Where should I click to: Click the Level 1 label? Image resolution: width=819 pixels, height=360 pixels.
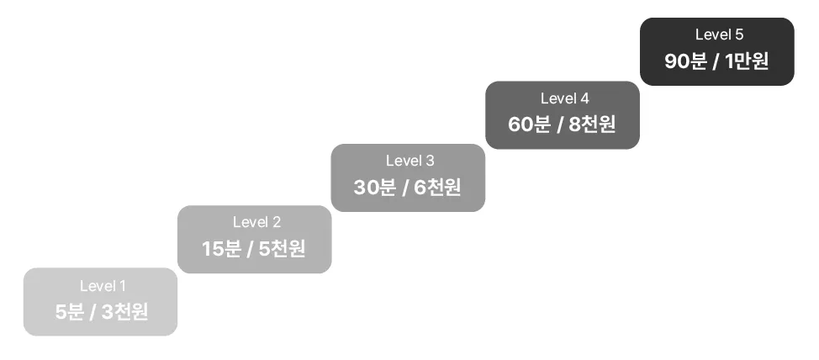coord(103,286)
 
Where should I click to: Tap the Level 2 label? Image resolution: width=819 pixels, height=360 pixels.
coord(256,223)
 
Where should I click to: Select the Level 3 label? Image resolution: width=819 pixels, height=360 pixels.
coord(409,161)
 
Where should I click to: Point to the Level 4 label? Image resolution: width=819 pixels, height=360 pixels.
coord(564,98)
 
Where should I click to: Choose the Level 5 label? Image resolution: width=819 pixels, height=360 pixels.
coord(719,35)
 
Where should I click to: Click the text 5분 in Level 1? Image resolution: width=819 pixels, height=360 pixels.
coord(70,312)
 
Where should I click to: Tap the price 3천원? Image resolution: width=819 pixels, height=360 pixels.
coord(125,312)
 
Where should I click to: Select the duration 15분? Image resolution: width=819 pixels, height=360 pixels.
coord(220,249)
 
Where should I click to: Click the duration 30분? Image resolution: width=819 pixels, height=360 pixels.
coord(374,187)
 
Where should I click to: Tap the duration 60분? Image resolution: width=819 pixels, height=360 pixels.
coord(529,124)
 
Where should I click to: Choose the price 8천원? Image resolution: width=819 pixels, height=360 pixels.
coord(592,124)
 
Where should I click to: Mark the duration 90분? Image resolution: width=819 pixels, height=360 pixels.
coord(684,61)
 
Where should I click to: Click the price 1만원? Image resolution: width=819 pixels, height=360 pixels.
coord(746,61)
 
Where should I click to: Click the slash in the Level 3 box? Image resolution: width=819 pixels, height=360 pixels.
coord(405,188)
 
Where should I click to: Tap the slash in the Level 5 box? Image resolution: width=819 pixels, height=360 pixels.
coord(716,62)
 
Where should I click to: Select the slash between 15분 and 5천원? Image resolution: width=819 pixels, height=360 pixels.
coord(251,250)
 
